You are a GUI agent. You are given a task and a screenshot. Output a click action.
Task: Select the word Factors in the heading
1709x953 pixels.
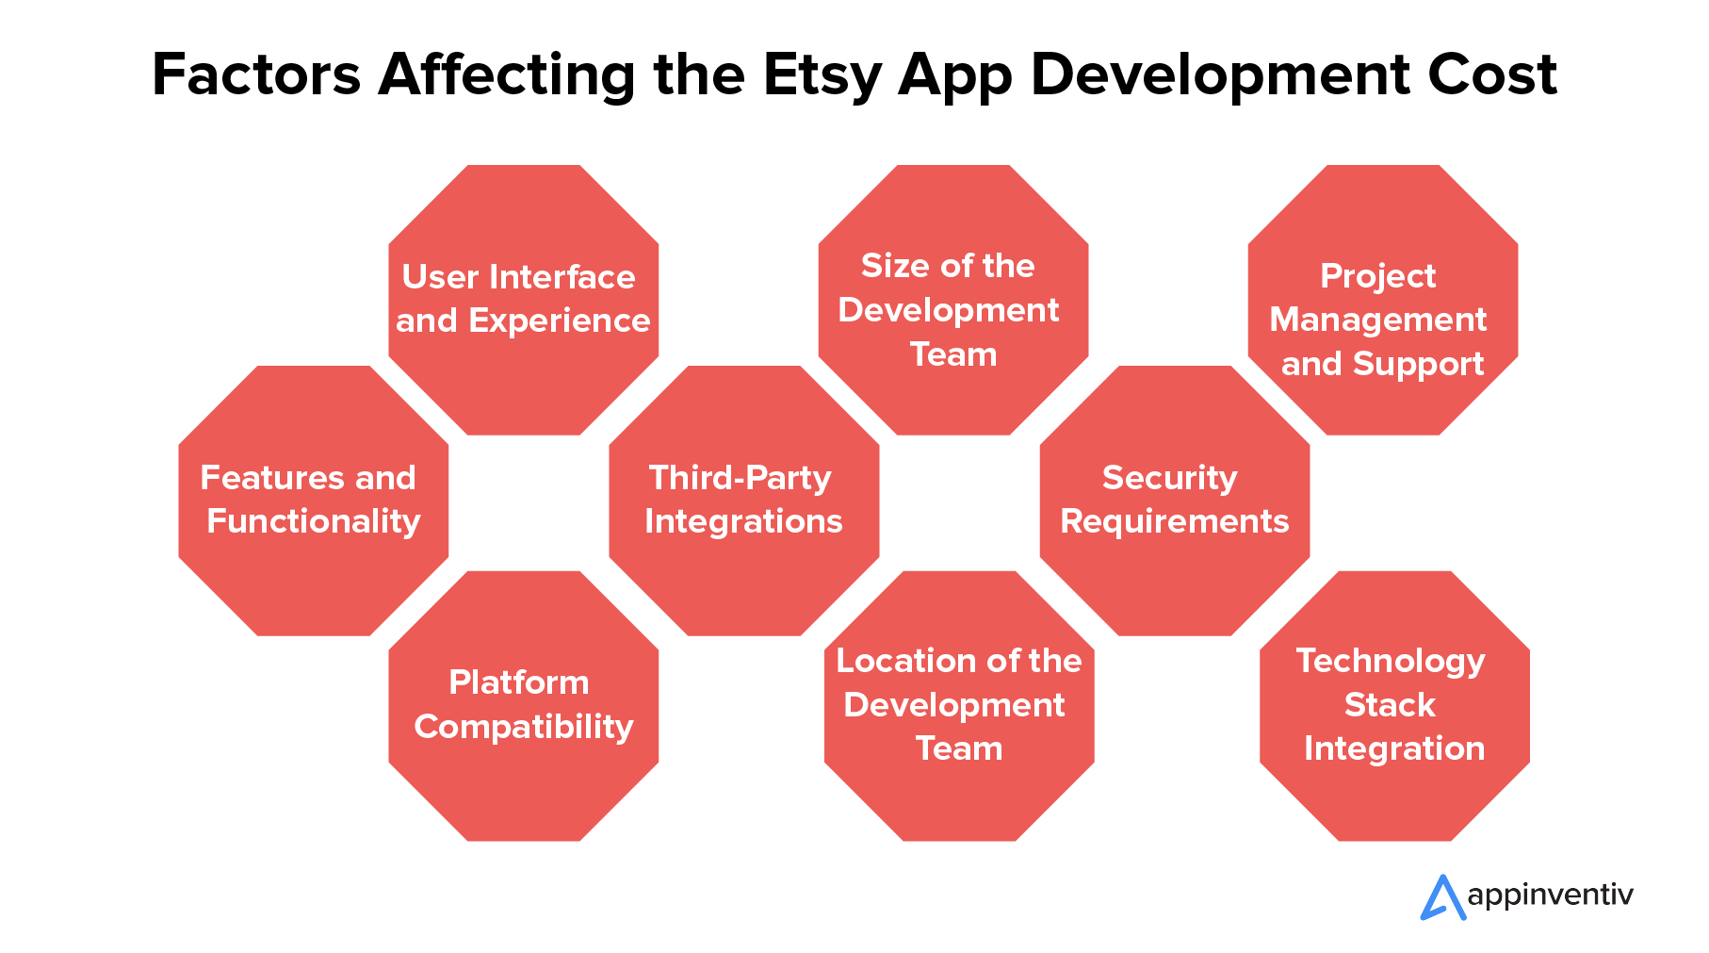256,74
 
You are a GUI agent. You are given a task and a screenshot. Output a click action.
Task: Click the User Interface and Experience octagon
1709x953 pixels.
524,300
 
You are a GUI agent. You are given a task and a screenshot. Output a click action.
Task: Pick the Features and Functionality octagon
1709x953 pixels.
314,501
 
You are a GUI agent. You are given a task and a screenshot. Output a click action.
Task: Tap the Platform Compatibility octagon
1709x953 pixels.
524,706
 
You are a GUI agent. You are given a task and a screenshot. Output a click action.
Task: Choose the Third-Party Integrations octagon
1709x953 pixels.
744,501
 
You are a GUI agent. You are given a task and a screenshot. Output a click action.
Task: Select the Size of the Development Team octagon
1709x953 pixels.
953,300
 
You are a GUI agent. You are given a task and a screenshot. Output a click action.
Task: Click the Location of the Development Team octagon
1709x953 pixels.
959,706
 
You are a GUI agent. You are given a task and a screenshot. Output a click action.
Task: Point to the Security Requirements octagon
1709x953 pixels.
1175,501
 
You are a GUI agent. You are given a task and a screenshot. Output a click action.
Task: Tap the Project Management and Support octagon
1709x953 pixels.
1383,300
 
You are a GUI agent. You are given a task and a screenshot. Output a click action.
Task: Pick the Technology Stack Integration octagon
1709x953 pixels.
1394,706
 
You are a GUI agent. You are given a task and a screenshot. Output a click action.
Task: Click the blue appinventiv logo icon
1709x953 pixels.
1442,897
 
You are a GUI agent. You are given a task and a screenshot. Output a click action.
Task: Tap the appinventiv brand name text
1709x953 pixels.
1550,896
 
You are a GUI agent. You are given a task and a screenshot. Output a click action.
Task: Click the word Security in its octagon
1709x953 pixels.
1169,479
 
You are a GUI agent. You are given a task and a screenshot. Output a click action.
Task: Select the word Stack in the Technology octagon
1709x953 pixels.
1390,705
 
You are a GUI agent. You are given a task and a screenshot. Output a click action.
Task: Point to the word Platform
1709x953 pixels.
519,682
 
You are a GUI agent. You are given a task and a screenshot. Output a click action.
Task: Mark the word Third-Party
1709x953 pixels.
741,479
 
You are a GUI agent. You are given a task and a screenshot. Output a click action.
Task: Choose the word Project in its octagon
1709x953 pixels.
1378,276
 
